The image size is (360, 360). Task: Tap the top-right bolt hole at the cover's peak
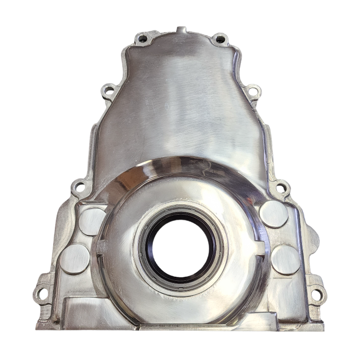tap(220, 39)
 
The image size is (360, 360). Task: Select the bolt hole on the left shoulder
tap(108, 91)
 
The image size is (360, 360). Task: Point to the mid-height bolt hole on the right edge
tap(281, 187)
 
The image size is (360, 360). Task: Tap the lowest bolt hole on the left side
tap(42, 294)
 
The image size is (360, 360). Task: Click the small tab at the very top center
tap(181, 30)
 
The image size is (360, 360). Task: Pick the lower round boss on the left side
tap(75, 259)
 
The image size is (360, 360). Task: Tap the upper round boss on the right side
tap(274, 214)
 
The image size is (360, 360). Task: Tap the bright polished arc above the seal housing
tap(180, 165)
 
